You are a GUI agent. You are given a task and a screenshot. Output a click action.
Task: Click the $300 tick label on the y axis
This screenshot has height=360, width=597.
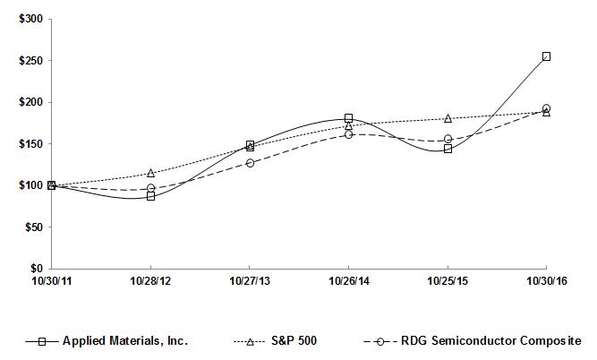[28, 20]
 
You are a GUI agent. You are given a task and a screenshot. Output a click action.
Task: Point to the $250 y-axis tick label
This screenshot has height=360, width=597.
[28, 61]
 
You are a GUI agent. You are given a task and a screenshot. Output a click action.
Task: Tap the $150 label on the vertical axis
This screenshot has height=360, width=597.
[28, 144]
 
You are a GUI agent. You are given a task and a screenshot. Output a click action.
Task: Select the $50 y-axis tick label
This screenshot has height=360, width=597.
[30, 227]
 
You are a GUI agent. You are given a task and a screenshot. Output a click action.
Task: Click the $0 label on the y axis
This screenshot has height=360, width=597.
[34, 269]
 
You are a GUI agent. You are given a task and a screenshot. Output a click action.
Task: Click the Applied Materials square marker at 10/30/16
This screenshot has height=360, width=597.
[546, 56]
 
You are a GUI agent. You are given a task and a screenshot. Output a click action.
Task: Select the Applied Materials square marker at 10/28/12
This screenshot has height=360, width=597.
[150, 196]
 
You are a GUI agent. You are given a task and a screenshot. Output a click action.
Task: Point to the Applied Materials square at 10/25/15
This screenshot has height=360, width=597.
[448, 149]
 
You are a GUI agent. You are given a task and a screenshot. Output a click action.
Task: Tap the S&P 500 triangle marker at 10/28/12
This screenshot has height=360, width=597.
[150, 173]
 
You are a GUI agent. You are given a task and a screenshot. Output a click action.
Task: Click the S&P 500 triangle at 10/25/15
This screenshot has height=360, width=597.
[448, 118]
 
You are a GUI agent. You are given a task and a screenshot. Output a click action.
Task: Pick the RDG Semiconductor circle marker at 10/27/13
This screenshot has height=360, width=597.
[250, 163]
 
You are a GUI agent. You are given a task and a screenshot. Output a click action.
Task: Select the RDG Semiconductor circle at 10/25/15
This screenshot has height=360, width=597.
[448, 139]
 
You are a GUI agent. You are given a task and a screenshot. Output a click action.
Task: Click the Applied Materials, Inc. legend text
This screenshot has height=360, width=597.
[124, 340]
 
